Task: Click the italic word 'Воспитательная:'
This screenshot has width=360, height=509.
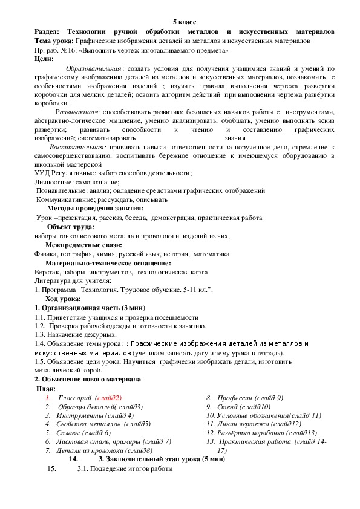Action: pos(78,147)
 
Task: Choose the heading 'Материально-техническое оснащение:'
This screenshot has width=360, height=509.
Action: pos(108,263)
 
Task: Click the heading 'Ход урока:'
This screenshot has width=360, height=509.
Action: pos(63,299)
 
